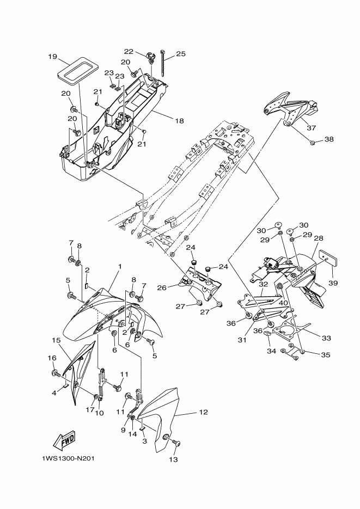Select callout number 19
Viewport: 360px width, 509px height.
click(x=52, y=57)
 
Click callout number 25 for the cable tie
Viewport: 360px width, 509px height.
click(x=180, y=54)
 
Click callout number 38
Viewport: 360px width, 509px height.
click(x=329, y=139)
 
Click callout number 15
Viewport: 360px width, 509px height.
click(x=56, y=340)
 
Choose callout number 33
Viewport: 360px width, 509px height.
click(x=326, y=338)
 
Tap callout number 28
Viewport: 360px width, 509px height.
click(x=319, y=238)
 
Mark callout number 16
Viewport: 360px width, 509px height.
click(x=52, y=358)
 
